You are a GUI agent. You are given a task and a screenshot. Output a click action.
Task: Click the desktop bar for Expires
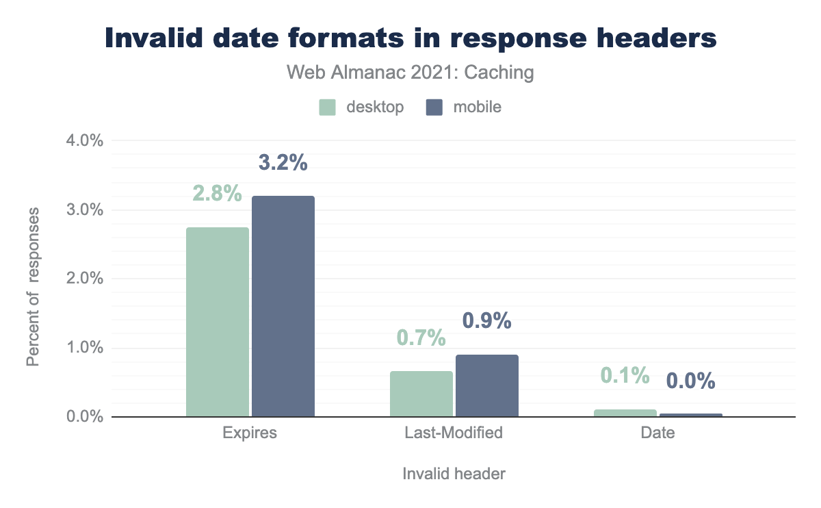[218, 322]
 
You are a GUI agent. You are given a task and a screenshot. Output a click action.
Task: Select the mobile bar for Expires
[283, 306]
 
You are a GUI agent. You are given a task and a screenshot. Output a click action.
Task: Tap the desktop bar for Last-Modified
[421, 394]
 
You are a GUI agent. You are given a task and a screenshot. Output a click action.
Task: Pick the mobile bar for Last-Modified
[487, 385]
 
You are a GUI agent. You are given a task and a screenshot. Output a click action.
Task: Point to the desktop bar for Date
[625, 413]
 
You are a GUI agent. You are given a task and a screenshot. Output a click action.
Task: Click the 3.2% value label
[283, 163]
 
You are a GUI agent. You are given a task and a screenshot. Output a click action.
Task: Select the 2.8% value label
[217, 194]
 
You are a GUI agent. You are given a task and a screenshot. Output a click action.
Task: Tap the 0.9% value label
[487, 320]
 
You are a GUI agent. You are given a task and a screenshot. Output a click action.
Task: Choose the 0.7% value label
[421, 338]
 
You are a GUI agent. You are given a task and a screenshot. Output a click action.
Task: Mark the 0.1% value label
[625, 375]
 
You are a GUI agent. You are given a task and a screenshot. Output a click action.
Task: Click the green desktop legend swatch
[328, 107]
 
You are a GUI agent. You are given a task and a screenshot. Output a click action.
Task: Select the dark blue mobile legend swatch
[434, 107]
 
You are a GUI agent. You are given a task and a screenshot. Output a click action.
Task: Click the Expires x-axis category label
[250, 433]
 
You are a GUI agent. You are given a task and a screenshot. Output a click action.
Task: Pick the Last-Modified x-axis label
[454, 433]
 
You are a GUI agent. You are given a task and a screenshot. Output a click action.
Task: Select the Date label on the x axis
[658, 433]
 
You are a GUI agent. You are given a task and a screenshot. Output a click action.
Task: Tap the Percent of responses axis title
[33, 287]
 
